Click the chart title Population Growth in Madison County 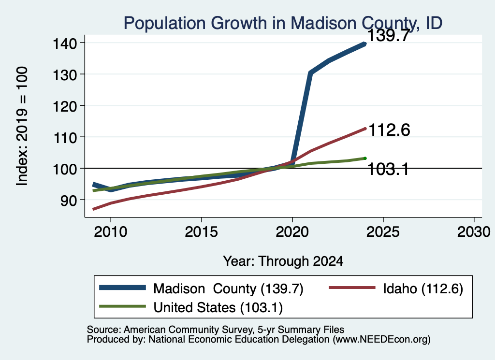coord(283,23)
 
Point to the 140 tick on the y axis coord(64,43)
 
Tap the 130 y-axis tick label coord(64,75)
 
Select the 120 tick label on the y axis coord(64,106)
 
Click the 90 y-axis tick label coord(69,201)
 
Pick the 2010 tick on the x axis coord(111,232)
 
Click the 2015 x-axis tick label coord(202,232)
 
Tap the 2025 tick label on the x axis coord(383,232)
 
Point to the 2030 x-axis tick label coord(474,232)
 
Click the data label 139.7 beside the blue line coord(389,35)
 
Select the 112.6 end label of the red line coord(389,130)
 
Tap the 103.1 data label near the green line coord(388,170)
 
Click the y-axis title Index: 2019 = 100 coord(22,126)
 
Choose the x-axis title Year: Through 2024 coord(283,261)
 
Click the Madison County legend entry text coord(228,288)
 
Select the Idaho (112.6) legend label coord(423,288)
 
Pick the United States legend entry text coord(218,307)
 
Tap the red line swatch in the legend coord(352,288)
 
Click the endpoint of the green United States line coord(365,158)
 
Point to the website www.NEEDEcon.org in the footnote coord(381,340)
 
